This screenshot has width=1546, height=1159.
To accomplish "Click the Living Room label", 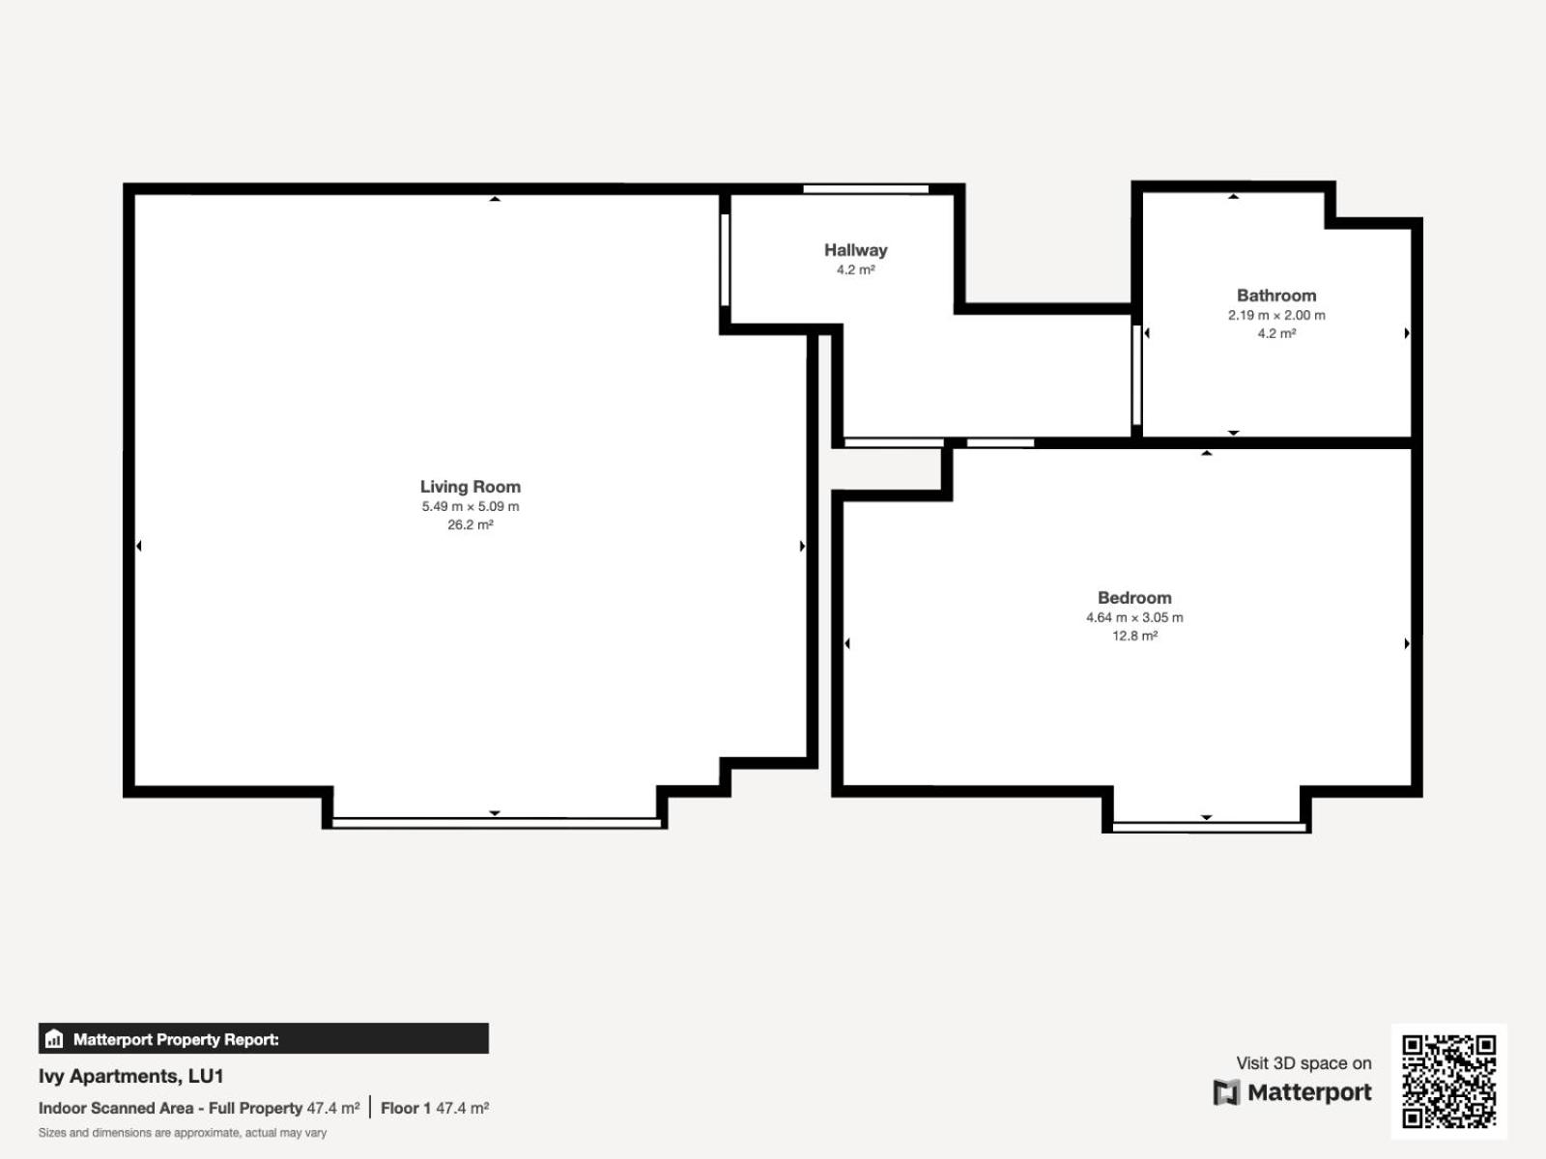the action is point(471,486).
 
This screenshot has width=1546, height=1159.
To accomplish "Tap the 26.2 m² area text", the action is point(471,524).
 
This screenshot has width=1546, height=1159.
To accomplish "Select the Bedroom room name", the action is point(1134,598).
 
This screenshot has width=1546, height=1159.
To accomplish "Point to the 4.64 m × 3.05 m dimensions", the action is point(1134,617).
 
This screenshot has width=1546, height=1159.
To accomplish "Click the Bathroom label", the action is point(1276,296).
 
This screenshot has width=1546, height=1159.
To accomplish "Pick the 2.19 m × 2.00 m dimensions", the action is point(1276,315).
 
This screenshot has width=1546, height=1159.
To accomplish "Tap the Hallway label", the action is point(856,250).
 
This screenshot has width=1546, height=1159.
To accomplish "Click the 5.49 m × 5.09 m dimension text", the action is point(471,506).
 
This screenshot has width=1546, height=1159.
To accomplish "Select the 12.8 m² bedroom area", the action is point(1134,636).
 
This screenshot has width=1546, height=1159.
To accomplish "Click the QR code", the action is point(1448,1081).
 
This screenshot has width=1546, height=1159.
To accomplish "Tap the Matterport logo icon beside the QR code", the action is point(1226,1092).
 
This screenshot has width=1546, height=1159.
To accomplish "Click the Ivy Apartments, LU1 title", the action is point(131,1076).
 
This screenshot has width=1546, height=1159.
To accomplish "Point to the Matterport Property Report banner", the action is point(264,1038).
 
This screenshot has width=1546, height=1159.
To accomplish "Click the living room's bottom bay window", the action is point(497,823).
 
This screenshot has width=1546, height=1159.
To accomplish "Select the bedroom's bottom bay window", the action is point(1210,827).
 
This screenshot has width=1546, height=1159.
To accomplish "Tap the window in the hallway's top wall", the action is point(866,188).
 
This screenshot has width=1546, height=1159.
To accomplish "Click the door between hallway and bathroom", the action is point(1136,375).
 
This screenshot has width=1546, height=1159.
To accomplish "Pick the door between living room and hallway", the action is point(725,260).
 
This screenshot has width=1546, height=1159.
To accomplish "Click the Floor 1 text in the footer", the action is point(405,1108).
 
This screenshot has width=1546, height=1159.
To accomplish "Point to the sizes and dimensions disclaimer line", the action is point(183,1133).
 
